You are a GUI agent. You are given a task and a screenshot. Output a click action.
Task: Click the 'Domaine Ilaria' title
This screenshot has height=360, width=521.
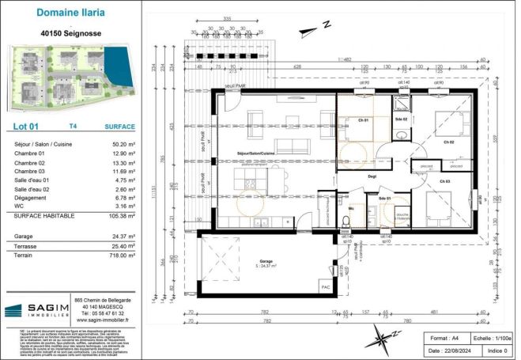pyautogui.click(x=70, y=13)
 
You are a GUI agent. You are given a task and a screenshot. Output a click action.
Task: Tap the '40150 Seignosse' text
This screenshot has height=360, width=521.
pyautogui.click(x=70, y=34)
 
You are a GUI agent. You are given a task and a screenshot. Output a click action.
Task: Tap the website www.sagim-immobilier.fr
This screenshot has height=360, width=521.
pyautogui.click(x=100, y=320)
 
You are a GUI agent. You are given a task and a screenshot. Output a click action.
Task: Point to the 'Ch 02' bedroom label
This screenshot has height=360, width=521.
pyautogui.click(x=448, y=142)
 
